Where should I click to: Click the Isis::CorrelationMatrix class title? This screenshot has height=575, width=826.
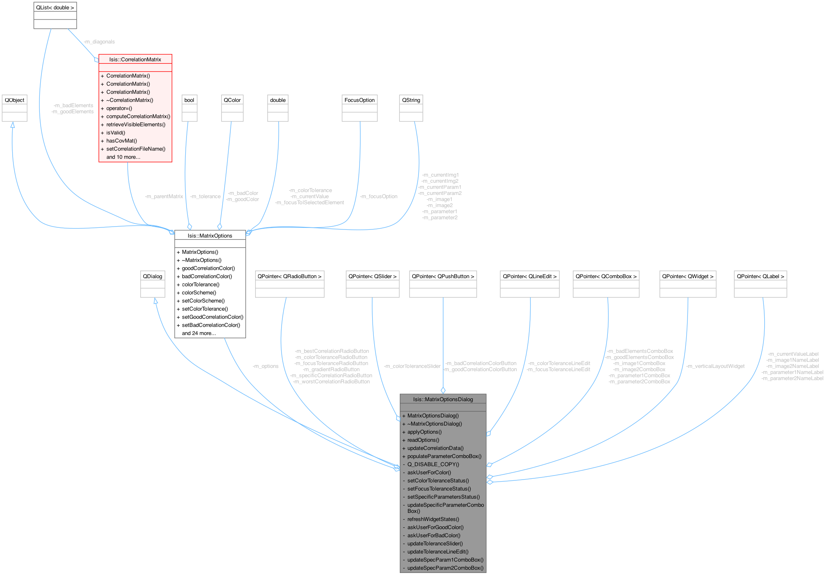click(135, 59)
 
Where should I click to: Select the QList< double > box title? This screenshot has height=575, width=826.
click(55, 7)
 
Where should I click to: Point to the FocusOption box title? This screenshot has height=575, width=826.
click(360, 100)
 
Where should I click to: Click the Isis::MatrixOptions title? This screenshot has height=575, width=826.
click(210, 236)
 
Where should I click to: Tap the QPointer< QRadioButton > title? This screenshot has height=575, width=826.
click(289, 276)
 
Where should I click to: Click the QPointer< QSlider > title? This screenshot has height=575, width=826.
click(373, 276)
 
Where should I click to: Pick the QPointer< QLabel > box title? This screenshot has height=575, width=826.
click(761, 276)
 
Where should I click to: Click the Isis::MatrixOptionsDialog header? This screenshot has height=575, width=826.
click(443, 399)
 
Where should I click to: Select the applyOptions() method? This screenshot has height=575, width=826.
click(424, 432)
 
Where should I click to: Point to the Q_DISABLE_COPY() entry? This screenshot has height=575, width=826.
click(433, 464)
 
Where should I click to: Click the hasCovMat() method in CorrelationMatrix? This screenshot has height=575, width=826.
click(121, 141)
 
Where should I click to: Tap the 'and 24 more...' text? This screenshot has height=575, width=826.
click(199, 333)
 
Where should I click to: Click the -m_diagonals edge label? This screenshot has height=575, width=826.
click(99, 42)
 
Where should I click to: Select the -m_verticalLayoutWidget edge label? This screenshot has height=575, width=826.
click(715, 366)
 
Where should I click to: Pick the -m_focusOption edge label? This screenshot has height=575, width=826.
click(378, 197)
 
